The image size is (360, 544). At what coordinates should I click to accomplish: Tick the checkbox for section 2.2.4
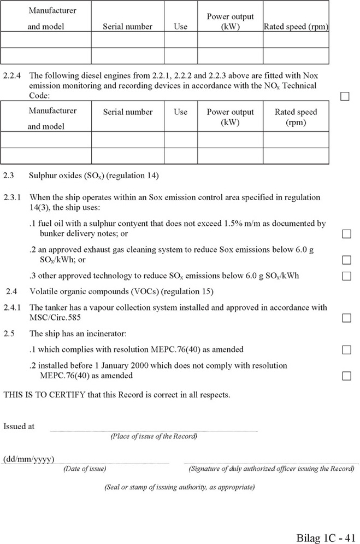(x=345, y=96)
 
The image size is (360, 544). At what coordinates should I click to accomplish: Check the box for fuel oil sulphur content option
(x=346, y=234)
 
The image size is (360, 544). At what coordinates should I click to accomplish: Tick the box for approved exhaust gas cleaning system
(x=346, y=260)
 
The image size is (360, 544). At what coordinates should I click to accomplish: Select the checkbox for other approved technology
(x=346, y=276)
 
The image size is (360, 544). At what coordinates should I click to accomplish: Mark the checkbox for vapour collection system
(x=346, y=318)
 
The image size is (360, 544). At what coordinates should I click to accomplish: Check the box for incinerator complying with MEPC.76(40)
(x=346, y=349)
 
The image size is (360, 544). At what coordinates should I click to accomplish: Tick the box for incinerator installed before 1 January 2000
(x=346, y=376)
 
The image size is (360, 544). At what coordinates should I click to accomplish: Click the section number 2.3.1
(x=12, y=197)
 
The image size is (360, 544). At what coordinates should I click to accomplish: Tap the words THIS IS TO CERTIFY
(x=44, y=394)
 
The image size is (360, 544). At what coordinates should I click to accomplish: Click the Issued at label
(x=19, y=426)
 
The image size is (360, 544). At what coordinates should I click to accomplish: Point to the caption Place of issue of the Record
(x=154, y=436)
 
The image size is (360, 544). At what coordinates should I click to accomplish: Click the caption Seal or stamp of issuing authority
(x=179, y=487)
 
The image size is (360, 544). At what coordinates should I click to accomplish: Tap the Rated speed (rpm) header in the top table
(x=296, y=26)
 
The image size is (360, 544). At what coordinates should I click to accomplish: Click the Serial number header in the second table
(x=128, y=112)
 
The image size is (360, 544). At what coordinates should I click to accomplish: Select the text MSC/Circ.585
(x=54, y=317)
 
